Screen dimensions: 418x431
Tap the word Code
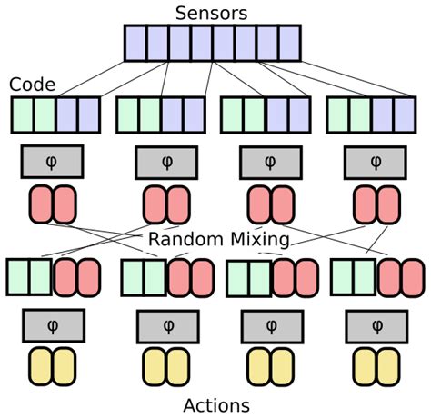pyautogui.click(x=32, y=85)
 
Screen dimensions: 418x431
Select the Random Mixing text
pyautogui.click(x=218, y=240)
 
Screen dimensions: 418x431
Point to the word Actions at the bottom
pyautogui.click(x=216, y=405)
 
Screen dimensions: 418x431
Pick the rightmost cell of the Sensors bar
pyautogui.click(x=289, y=43)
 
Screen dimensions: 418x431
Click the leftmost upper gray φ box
pyautogui.click(x=52, y=162)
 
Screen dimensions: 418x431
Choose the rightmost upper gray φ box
pyautogui.click(x=376, y=162)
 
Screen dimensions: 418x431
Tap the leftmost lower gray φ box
pyautogui.click(x=53, y=324)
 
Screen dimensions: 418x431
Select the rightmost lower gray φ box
pyautogui.click(x=376, y=324)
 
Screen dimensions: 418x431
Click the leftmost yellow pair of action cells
pyautogui.click(x=52, y=366)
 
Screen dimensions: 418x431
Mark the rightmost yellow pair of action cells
pyautogui.click(x=376, y=366)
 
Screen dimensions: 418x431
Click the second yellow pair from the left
pyautogui.click(x=166, y=366)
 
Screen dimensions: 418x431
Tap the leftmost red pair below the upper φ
pyautogui.click(x=53, y=204)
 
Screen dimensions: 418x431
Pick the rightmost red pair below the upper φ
pyautogui.click(x=376, y=204)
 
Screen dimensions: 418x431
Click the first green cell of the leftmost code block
pyautogui.click(x=23, y=115)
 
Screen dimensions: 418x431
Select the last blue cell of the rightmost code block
pyautogui.click(x=405, y=115)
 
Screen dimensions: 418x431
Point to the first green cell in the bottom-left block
pyautogui.click(x=18, y=277)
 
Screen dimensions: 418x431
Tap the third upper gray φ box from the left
pyautogui.click(x=269, y=162)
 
